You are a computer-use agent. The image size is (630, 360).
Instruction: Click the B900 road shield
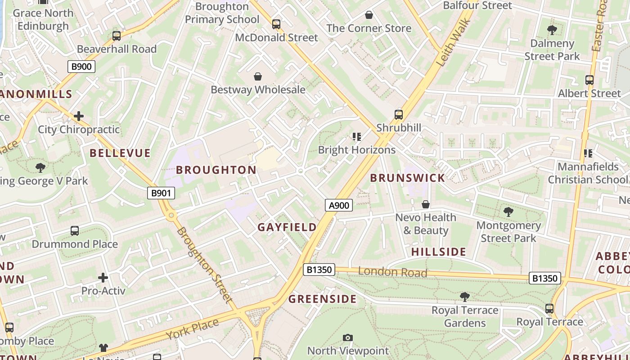81,67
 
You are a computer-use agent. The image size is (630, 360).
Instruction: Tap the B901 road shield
161,193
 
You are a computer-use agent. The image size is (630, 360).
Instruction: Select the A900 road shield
338,205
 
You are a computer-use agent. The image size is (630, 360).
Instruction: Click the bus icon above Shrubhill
398,114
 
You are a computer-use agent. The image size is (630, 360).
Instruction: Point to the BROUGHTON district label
216,170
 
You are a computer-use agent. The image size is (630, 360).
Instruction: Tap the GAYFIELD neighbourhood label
287,227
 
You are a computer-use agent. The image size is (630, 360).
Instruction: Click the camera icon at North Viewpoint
347,337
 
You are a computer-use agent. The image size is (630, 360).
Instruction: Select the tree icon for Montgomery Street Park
508,211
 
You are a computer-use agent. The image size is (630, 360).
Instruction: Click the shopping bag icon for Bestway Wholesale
258,76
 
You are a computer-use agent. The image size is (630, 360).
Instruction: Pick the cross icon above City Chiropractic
79,117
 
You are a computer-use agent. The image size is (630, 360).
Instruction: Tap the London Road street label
392,272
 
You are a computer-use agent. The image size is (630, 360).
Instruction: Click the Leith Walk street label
454,43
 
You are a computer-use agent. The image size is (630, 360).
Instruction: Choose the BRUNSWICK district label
407,178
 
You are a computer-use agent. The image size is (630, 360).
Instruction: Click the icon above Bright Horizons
357,137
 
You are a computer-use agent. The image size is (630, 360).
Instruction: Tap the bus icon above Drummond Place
75,231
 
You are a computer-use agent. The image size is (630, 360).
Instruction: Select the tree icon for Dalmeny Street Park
552,30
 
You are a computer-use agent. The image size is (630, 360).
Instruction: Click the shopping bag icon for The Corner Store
369,15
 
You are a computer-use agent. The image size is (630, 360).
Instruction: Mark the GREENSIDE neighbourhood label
322,299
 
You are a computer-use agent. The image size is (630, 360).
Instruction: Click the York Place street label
192,329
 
